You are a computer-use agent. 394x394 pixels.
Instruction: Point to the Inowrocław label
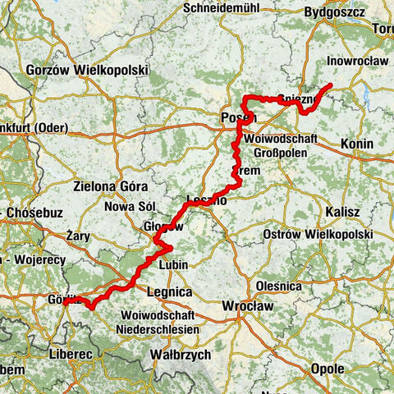coord(350,59)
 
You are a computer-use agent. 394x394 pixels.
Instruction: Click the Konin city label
coord(355,144)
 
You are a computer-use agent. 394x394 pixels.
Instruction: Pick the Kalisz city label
coord(342,212)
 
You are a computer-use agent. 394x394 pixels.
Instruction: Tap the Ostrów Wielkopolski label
coord(305,235)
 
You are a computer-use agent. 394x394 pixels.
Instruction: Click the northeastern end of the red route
coord(330,85)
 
